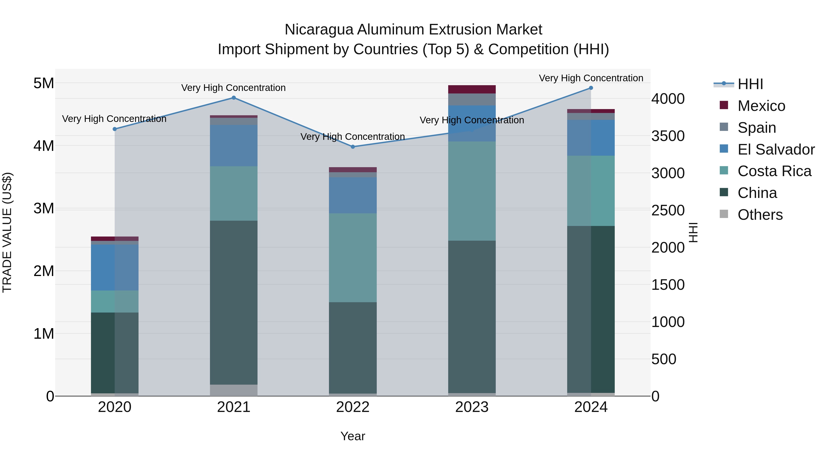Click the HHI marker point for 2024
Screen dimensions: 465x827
coord(591,88)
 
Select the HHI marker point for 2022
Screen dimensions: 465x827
coord(353,147)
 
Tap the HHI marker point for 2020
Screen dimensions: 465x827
coord(115,129)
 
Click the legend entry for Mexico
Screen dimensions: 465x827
coord(761,106)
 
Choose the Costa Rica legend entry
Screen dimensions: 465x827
coord(774,171)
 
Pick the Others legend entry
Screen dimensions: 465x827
coord(760,215)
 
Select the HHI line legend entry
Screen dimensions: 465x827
coord(750,84)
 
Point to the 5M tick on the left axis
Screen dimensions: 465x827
coord(44,83)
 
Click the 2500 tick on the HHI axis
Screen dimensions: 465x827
coord(668,211)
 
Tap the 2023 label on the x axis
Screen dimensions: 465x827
coord(472,407)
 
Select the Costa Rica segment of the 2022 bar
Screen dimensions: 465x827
coord(353,257)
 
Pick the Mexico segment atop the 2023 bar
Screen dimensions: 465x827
coord(472,89)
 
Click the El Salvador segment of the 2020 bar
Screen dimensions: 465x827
coord(115,267)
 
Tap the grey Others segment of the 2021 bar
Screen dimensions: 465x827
coord(234,390)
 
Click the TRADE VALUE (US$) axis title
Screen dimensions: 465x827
coord(7,232)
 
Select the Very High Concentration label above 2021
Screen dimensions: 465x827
coord(233,88)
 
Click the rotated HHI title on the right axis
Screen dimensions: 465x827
coord(694,232)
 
